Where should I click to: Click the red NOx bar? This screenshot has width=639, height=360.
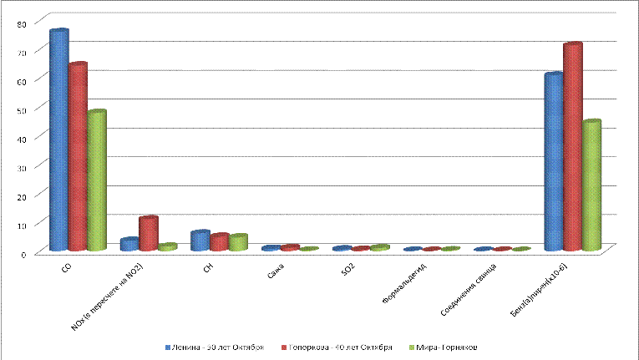(x=148, y=234)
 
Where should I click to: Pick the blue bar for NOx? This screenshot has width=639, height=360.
(x=129, y=245)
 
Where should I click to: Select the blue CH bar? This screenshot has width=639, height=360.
(x=200, y=241)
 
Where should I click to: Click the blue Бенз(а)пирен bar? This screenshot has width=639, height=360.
(x=553, y=162)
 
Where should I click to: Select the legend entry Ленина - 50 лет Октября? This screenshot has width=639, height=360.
(x=220, y=346)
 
